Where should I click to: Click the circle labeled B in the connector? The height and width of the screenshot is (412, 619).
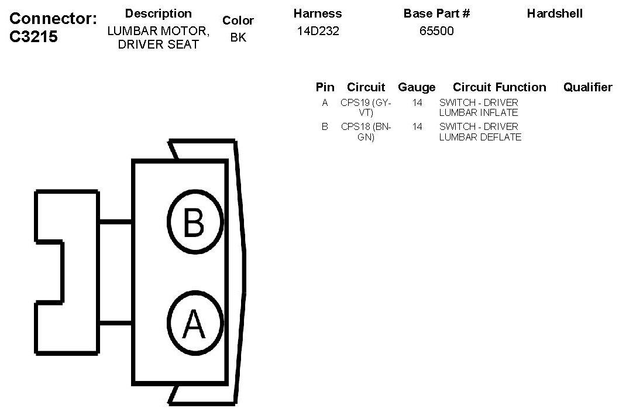195,222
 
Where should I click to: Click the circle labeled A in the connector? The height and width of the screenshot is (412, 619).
195,324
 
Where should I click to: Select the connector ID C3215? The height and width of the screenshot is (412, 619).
34,36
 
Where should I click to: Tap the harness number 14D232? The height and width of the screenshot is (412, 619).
318,31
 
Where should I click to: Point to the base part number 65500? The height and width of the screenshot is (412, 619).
436,31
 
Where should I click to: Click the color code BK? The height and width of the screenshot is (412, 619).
238,37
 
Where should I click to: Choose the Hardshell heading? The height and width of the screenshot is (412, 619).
555,13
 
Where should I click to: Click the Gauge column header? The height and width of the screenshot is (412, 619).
417,87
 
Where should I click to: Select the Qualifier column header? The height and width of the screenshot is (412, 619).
587,87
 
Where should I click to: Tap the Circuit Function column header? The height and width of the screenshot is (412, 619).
499,87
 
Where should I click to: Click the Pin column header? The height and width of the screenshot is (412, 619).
325,87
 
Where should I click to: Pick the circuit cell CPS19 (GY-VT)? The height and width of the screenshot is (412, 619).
366,108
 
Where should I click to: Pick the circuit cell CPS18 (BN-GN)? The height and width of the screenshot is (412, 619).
366,132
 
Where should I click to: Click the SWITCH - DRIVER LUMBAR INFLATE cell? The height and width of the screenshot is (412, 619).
479,108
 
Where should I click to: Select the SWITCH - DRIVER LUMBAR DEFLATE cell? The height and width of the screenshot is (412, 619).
480,132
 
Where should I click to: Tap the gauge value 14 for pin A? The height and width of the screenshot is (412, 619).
417,103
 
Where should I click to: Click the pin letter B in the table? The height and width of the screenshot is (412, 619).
325,126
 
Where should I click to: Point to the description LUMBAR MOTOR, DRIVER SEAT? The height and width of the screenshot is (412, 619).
158,37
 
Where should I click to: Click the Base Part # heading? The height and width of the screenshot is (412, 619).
436,13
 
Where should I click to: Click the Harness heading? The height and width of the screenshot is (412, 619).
318,13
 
